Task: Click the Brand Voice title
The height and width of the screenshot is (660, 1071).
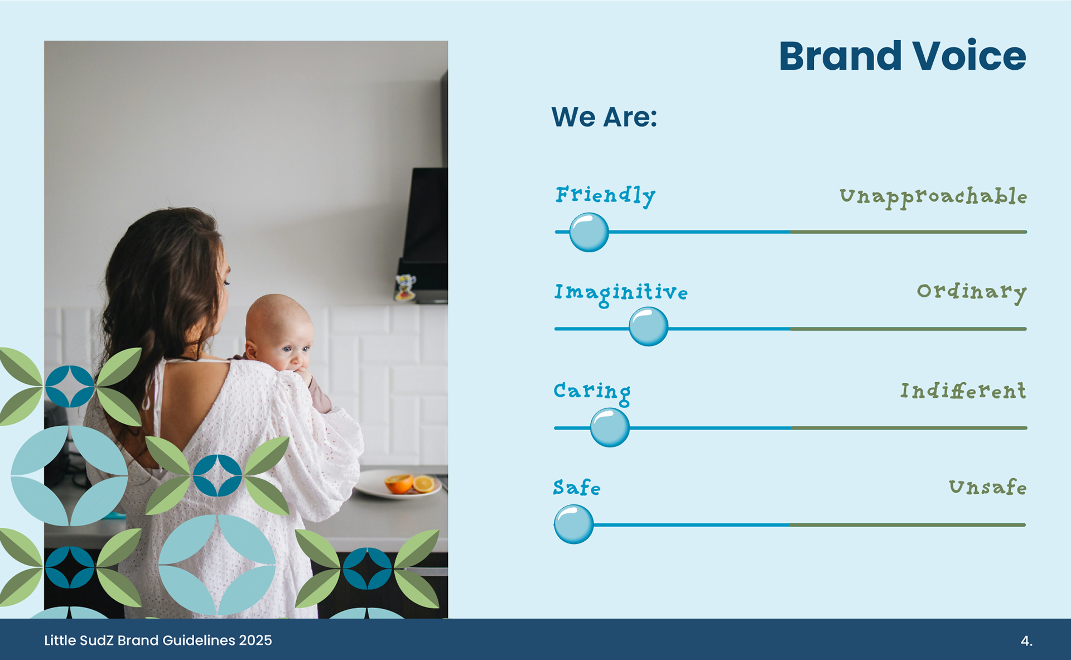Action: point(902,56)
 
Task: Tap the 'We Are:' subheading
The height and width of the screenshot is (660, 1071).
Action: point(604,117)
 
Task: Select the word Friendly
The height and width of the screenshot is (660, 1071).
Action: point(605,196)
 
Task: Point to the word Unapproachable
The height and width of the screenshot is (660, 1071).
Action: point(933,197)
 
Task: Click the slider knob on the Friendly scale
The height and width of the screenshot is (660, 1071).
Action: point(589,232)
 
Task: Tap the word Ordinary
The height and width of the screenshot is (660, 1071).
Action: point(972,292)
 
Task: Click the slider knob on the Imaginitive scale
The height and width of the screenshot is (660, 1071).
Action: point(648,326)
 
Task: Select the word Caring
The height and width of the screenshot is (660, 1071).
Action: point(592,392)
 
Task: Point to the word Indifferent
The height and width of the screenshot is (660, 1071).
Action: point(963,391)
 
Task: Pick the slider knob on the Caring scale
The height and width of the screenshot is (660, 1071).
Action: point(610,427)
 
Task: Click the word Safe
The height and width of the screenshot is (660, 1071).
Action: point(577,488)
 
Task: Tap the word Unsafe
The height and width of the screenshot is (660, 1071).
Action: point(988,487)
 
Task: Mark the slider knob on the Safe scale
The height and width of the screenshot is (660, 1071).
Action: point(573,524)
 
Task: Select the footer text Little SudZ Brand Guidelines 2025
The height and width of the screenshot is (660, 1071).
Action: point(158,640)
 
